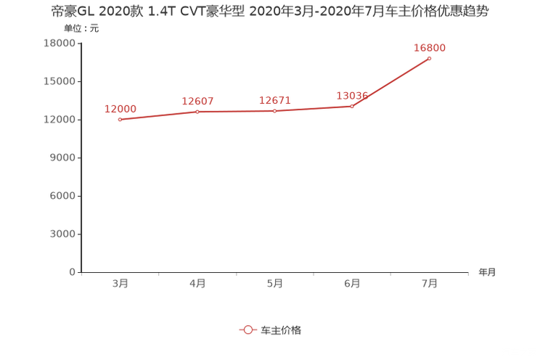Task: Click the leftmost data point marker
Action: tap(119, 119)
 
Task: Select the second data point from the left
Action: tap(197, 111)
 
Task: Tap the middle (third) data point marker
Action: tap(274, 111)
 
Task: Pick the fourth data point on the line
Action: tap(352, 107)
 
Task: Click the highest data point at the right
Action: tap(430, 58)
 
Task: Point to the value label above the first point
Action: tap(120, 109)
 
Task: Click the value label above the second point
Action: tap(197, 101)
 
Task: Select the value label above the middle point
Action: tap(274, 101)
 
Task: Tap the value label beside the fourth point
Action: tap(352, 96)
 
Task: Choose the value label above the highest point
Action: tap(430, 48)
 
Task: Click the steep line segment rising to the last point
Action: tap(392, 82)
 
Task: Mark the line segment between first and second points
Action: tap(158, 115)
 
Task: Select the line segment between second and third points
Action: tap(236, 111)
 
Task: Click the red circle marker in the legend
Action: tap(248, 330)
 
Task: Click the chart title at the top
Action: tap(274, 12)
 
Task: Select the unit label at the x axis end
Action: tap(487, 273)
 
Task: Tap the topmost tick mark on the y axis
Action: tap(78, 43)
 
